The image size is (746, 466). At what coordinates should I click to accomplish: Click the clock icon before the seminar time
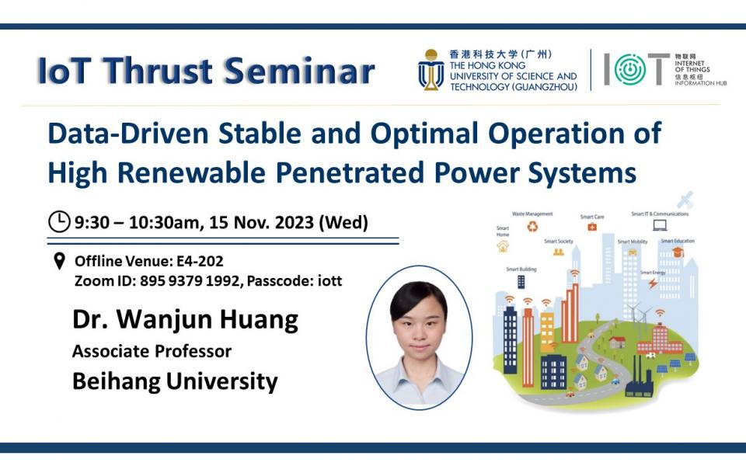59,222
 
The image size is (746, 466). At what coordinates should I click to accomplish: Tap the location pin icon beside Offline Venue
59,261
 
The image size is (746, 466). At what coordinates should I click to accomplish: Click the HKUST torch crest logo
431,70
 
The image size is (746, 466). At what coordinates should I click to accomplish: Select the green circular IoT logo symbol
630,70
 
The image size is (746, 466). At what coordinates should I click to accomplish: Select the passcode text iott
329,280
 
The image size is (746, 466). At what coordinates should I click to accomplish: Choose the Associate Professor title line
152,351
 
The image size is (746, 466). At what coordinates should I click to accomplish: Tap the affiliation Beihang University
175,381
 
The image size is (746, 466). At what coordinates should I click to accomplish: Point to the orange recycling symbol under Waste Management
532,227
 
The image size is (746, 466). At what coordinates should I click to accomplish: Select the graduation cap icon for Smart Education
678,252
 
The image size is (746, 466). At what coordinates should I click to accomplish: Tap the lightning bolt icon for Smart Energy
651,283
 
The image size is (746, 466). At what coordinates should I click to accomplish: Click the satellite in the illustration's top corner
685,200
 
